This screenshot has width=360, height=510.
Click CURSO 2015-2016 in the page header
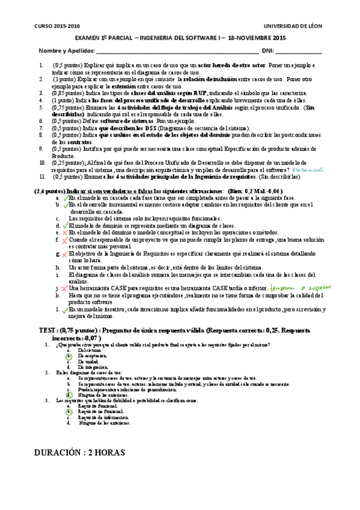pyautogui.click(x=60, y=26)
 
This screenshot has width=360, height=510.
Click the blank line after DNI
pyautogui.click(x=302, y=52)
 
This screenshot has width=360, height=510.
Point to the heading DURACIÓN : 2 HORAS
pyautogui.click(x=80, y=450)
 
